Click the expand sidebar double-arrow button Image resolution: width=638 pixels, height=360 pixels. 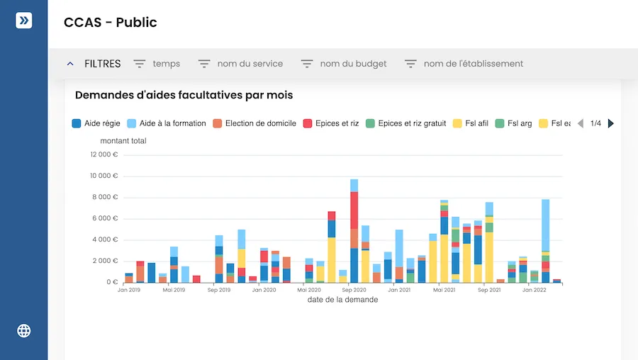point(24,21)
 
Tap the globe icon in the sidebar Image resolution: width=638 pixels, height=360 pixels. point(24,330)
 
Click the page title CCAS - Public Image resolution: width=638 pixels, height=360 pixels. point(111,23)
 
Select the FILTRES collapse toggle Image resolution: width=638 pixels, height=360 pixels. point(70,64)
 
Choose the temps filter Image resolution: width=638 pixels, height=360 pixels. point(157,64)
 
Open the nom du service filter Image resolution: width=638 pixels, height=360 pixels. point(240,64)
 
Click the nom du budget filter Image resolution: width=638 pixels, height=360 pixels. point(344,64)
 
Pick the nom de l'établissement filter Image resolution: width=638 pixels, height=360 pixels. point(464,64)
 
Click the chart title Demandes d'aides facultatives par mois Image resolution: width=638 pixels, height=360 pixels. point(184,95)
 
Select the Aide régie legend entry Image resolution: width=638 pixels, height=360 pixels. point(96,123)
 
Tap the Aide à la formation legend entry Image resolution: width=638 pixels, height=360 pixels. point(167,123)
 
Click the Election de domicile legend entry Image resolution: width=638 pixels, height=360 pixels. point(254,123)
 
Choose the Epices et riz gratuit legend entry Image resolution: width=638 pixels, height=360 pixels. point(406,123)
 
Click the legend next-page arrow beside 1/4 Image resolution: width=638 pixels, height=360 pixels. point(611,123)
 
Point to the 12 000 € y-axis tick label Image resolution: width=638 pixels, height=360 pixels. point(104,154)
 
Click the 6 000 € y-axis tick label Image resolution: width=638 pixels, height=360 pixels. point(106,218)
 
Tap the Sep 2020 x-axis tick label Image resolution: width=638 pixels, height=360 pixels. point(353,290)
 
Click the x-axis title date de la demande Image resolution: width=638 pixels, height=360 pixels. point(342,300)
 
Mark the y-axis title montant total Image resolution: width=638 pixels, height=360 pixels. point(123,141)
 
